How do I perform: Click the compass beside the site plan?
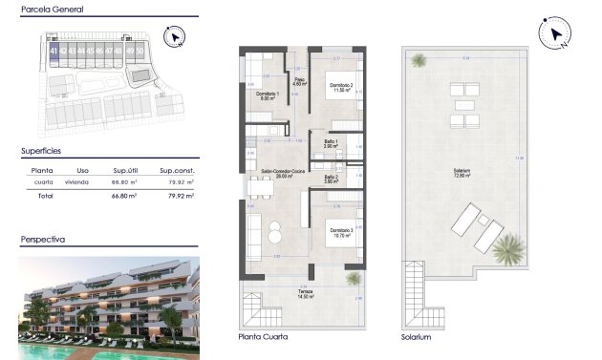tap(174, 37)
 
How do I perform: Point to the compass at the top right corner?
tap(554, 34)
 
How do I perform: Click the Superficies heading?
tap(42, 151)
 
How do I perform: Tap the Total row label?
tap(44, 195)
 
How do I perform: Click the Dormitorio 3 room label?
tap(341, 230)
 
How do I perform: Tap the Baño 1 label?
tap(331, 142)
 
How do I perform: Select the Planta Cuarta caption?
tap(262, 337)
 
